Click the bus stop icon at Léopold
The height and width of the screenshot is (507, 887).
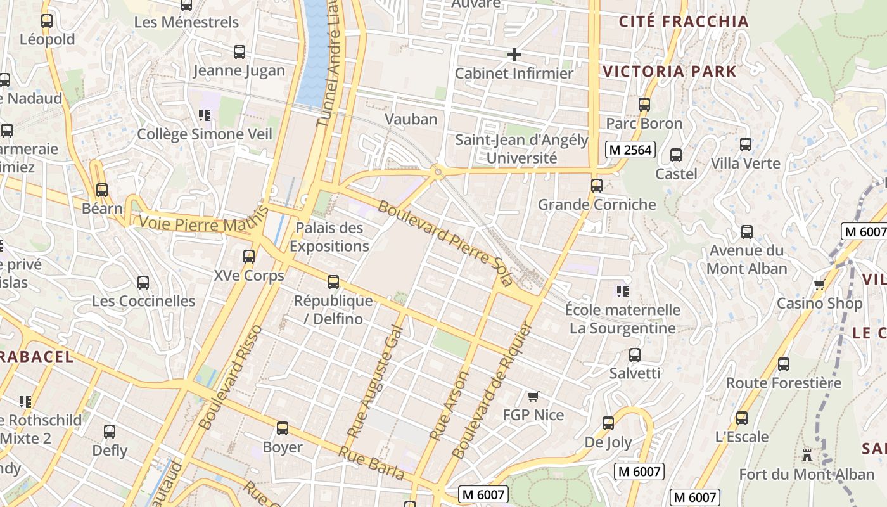47,21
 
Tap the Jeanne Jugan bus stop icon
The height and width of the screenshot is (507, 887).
239,52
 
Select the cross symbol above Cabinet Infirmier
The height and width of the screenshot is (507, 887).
514,55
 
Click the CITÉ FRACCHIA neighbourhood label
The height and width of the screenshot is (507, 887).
684,22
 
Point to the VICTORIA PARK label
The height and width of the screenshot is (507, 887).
670,71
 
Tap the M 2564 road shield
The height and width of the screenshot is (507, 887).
629,150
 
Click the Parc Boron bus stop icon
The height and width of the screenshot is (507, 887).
644,105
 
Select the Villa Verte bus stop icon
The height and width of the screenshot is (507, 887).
746,144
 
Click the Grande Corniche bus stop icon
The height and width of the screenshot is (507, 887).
596,186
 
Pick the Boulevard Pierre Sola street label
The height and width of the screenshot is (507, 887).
444,243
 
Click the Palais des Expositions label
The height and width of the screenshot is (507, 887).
329,237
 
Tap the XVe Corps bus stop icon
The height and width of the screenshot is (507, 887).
249,257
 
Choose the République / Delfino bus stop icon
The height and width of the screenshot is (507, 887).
333,282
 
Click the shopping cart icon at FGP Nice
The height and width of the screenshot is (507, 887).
533,397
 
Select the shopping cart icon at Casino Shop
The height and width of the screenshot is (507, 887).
819,285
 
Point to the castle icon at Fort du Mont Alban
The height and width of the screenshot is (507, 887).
807,455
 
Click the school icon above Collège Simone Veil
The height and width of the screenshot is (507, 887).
204,115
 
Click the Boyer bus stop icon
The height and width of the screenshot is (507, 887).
283,428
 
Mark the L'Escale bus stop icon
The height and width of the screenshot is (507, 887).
741,418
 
